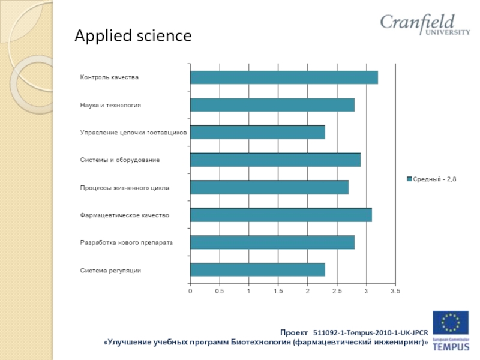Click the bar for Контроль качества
[284, 77]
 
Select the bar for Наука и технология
[272, 105]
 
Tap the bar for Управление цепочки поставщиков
[257, 132]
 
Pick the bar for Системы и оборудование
[275, 160]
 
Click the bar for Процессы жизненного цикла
[269, 187]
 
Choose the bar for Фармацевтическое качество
[281, 215]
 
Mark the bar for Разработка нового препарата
[272, 242]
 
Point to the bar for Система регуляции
[257, 269]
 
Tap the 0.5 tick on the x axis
[219, 291]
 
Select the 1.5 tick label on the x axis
[278, 291]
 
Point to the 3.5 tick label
[395, 291]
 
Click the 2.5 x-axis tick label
[337, 291]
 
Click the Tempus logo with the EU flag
[451, 331]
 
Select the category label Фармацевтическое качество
[125, 215]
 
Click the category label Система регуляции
[111, 270]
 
